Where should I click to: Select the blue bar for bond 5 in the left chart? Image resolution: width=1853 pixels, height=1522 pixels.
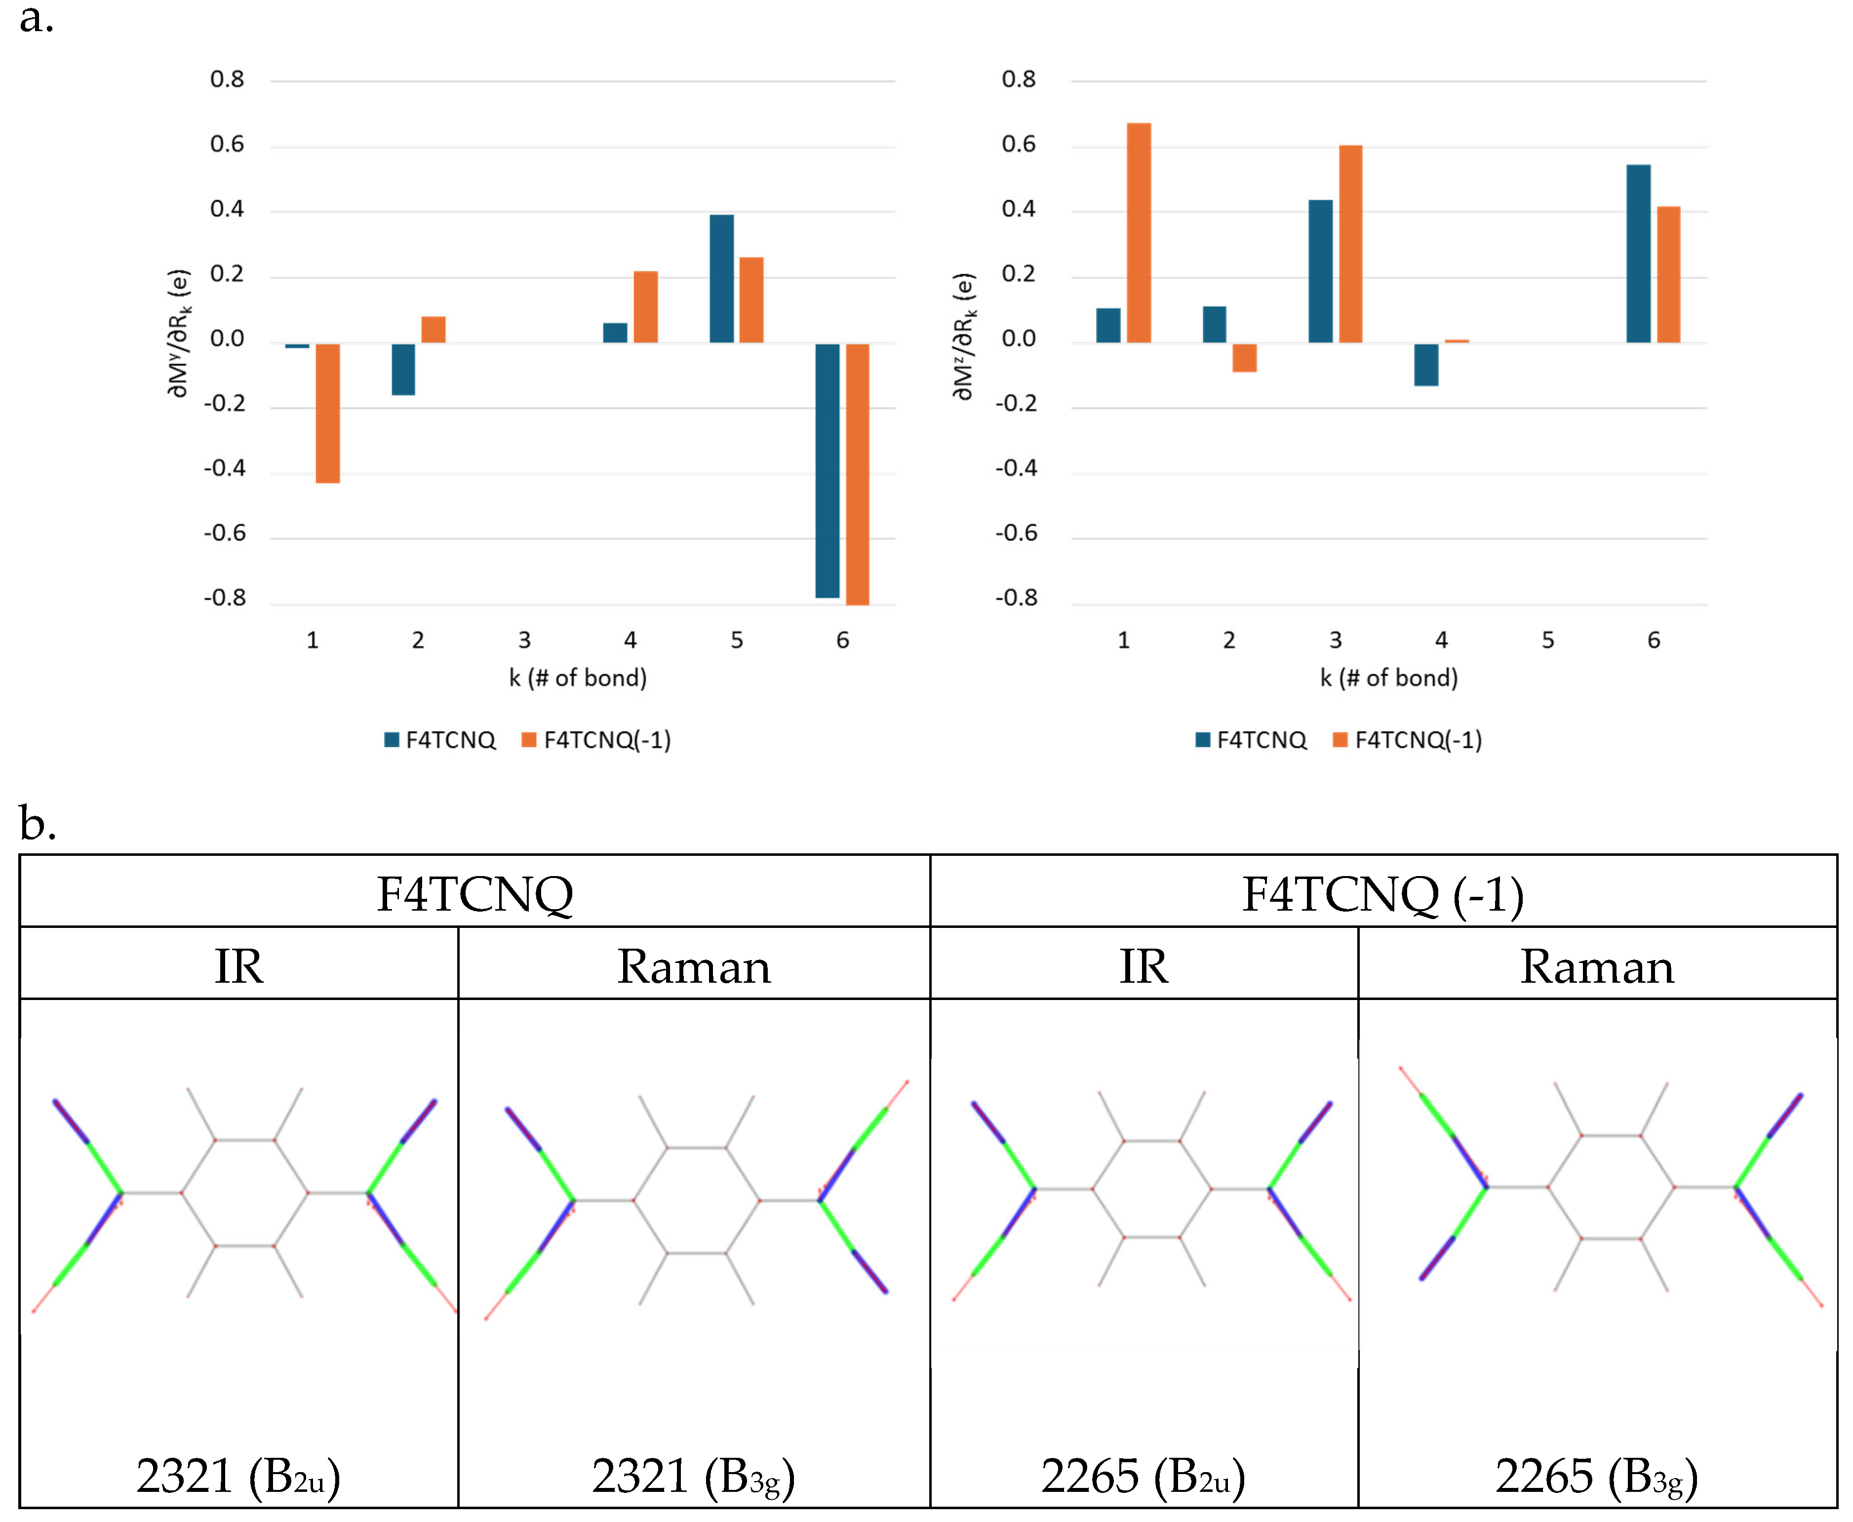click(x=721, y=279)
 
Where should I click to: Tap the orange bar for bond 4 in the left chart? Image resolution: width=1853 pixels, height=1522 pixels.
click(x=645, y=307)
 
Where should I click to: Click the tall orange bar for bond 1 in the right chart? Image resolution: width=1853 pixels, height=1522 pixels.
click(x=1139, y=232)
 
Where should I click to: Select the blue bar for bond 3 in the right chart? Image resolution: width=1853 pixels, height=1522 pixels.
click(x=1320, y=271)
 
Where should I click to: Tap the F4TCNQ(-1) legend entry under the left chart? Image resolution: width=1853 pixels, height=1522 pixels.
click(x=596, y=740)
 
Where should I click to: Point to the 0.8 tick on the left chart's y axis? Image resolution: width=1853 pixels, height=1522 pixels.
click(x=227, y=80)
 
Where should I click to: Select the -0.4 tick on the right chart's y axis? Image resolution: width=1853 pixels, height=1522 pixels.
click(x=1017, y=468)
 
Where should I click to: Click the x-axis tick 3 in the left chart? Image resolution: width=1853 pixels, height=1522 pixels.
click(x=524, y=641)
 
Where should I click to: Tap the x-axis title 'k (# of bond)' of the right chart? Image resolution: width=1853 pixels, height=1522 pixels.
click(x=1388, y=678)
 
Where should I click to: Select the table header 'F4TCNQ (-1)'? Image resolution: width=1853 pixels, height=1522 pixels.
click(x=1382, y=894)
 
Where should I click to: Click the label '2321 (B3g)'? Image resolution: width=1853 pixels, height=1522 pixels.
click(x=692, y=1476)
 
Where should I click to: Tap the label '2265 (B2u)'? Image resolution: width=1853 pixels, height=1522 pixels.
click(x=1142, y=1476)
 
